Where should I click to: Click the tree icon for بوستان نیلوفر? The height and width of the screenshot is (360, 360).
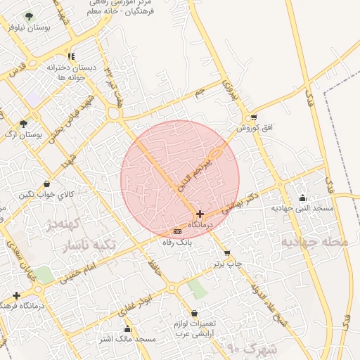[x=29, y=16]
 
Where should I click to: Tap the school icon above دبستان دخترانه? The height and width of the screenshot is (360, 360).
[x=71, y=56]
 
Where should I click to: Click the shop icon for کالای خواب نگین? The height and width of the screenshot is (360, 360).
[x=46, y=184]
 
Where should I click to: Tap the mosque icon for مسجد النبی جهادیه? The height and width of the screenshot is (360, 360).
[x=302, y=198]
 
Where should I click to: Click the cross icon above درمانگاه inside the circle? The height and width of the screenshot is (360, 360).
[x=200, y=214]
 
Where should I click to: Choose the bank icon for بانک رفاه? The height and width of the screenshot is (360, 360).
[x=177, y=231]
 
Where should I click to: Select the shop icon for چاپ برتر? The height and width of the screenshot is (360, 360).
[x=227, y=253]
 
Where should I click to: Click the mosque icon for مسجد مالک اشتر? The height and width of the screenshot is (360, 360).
[x=127, y=328]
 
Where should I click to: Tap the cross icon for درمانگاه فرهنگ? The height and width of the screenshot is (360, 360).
[x=16, y=295]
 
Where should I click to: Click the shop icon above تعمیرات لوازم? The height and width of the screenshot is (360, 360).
[x=195, y=314]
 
